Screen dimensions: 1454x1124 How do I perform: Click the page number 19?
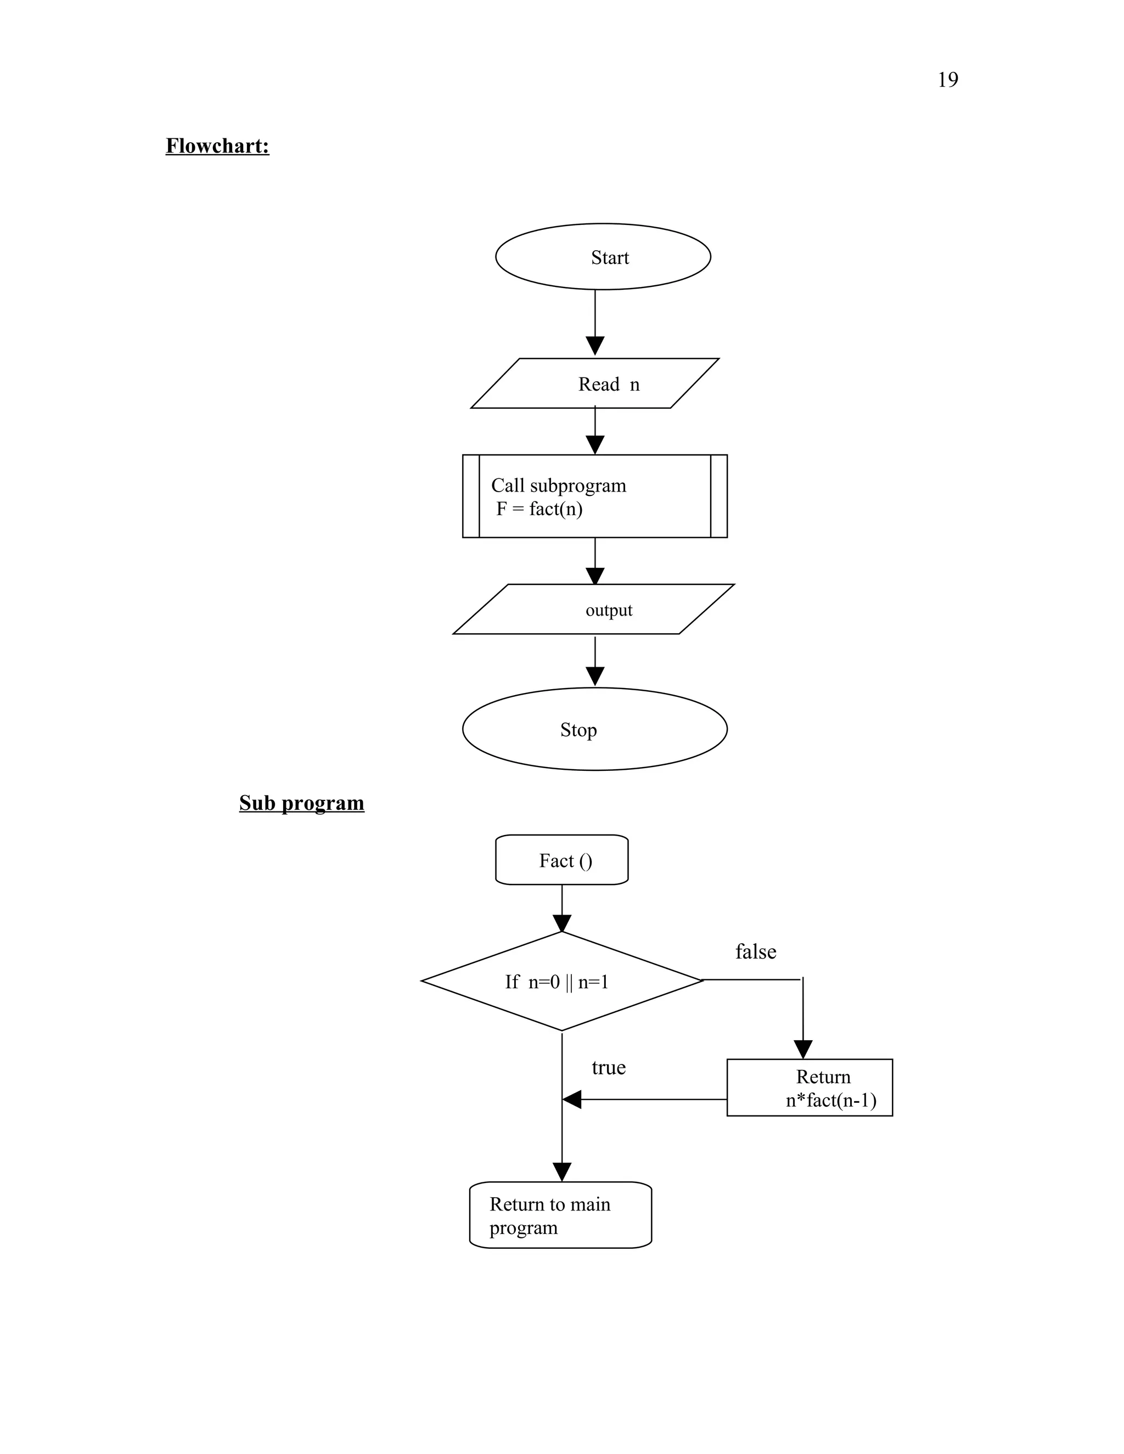click(x=947, y=80)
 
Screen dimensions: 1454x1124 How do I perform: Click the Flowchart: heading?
click(x=217, y=146)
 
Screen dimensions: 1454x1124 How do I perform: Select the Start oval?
click(x=603, y=256)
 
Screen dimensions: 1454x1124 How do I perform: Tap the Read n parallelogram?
click(x=594, y=384)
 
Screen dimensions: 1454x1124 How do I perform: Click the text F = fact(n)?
click(x=539, y=509)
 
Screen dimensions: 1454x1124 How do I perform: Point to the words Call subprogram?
click(x=558, y=486)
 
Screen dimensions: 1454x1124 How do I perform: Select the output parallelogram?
click(x=593, y=609)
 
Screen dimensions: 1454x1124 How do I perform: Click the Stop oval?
click(x=594, y=729)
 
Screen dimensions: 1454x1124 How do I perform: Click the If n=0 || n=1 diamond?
click(x=561, y=982)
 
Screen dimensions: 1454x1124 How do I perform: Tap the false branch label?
click(x=755, y=951)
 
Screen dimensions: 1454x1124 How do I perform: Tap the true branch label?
click(x=608, y=1067)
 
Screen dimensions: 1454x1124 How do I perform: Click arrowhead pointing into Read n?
click(x=594, y=346)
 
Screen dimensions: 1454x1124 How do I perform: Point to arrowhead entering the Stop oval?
click(x=594, y=676)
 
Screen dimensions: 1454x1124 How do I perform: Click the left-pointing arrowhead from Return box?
click(x=572, y=1099)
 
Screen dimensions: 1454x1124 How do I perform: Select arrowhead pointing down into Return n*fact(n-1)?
click(x=803, y=1049)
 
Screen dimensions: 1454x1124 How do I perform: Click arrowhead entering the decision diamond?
click(x=561, y=923)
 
